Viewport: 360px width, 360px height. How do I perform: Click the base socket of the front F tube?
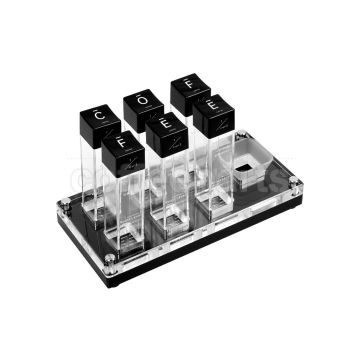click(124, 240)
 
